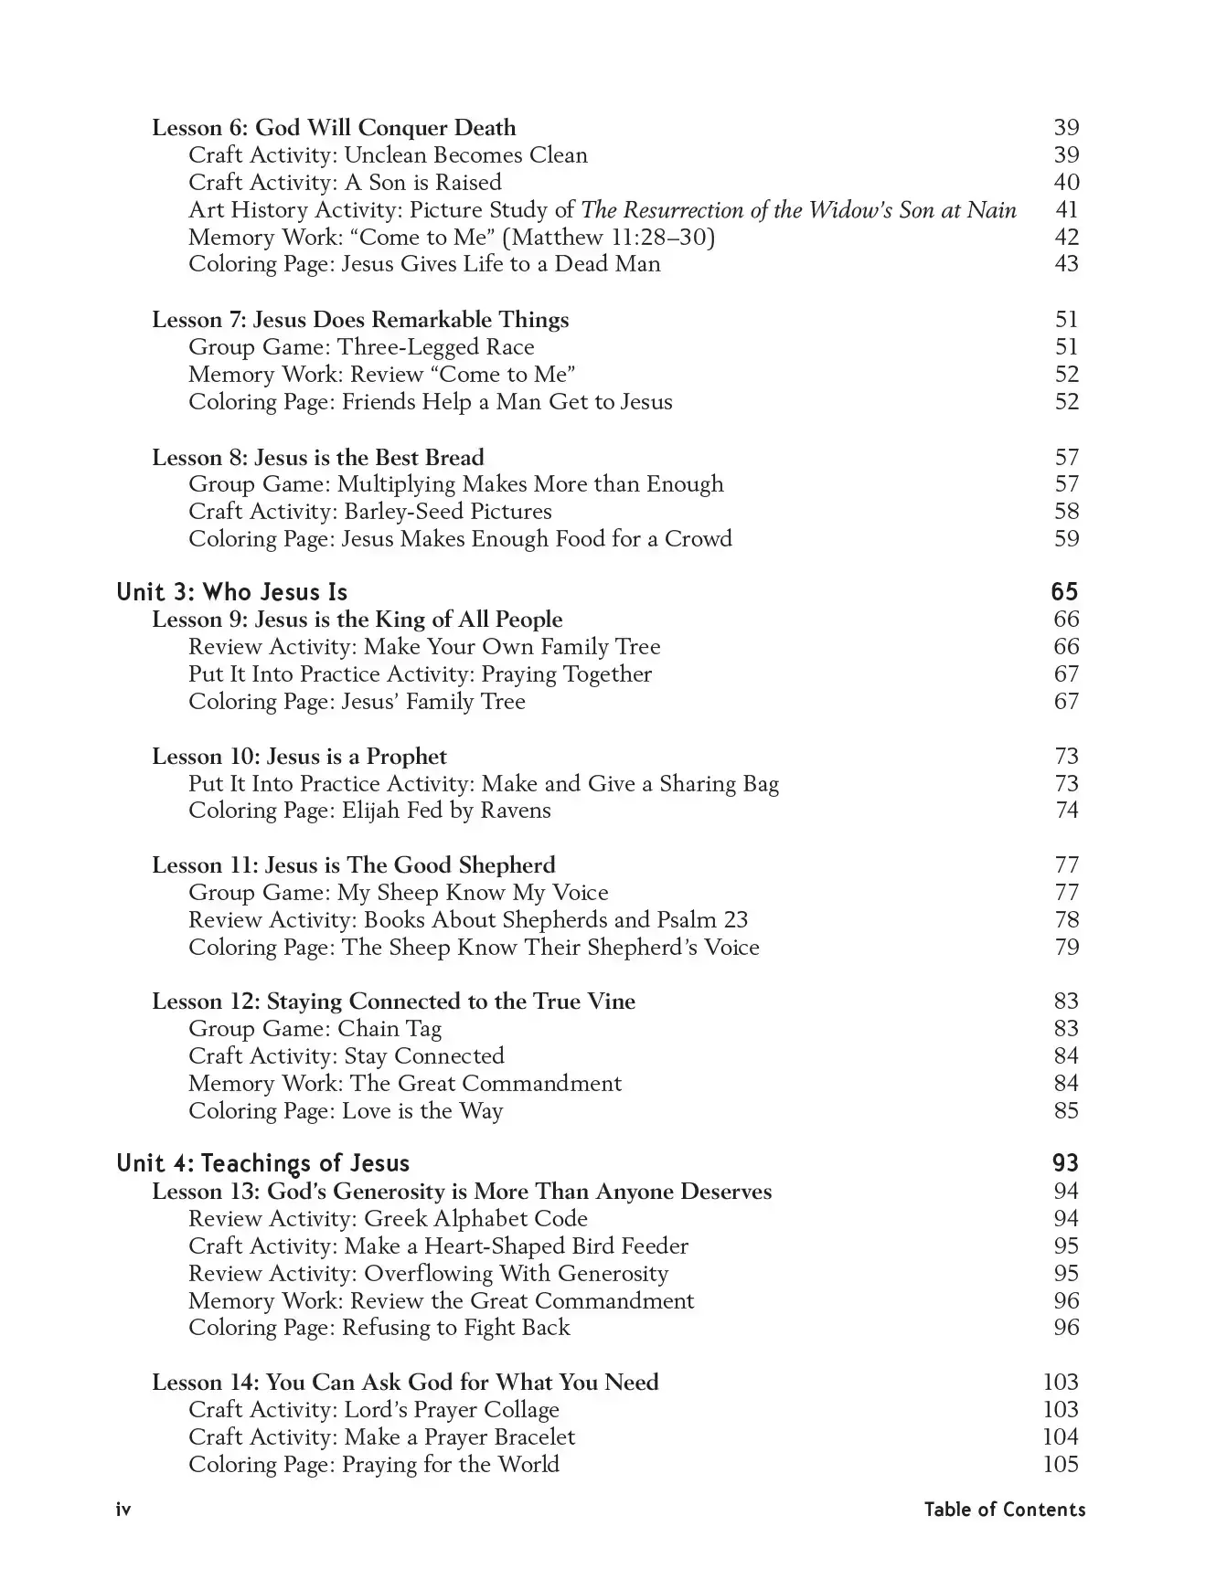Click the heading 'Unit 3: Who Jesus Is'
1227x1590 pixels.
[x=231, y=592]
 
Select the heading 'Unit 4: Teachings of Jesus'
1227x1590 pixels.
[x=262, y=1163]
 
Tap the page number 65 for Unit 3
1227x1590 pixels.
[x=1064, y=592]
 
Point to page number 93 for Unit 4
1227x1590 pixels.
[x=1065, y=1163]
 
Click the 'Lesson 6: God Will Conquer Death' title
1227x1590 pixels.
[x=334, y=128]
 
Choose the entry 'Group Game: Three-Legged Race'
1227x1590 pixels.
[x=361, y=347]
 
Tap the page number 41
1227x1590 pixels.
[x=1067, y=210]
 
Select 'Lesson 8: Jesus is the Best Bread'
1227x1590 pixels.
[x=317, y=457]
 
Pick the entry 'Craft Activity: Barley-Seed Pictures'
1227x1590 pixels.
[x=370, y=512]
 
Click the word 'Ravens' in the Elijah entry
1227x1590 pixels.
[x=517, y=811]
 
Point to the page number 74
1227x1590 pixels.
[x=1067, y=811]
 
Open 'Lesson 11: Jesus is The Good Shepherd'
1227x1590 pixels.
[x=353, y=865]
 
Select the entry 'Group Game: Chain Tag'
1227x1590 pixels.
[x=315, y=1029]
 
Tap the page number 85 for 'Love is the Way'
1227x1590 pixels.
[x=1067, y=1111]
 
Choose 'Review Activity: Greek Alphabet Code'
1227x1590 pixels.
[x=388, y=1219]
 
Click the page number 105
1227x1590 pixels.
[x=1061, y=1465]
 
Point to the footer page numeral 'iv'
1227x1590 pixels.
[x=123, y=1510]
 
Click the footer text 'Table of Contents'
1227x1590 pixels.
[x=1004, y=1510]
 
